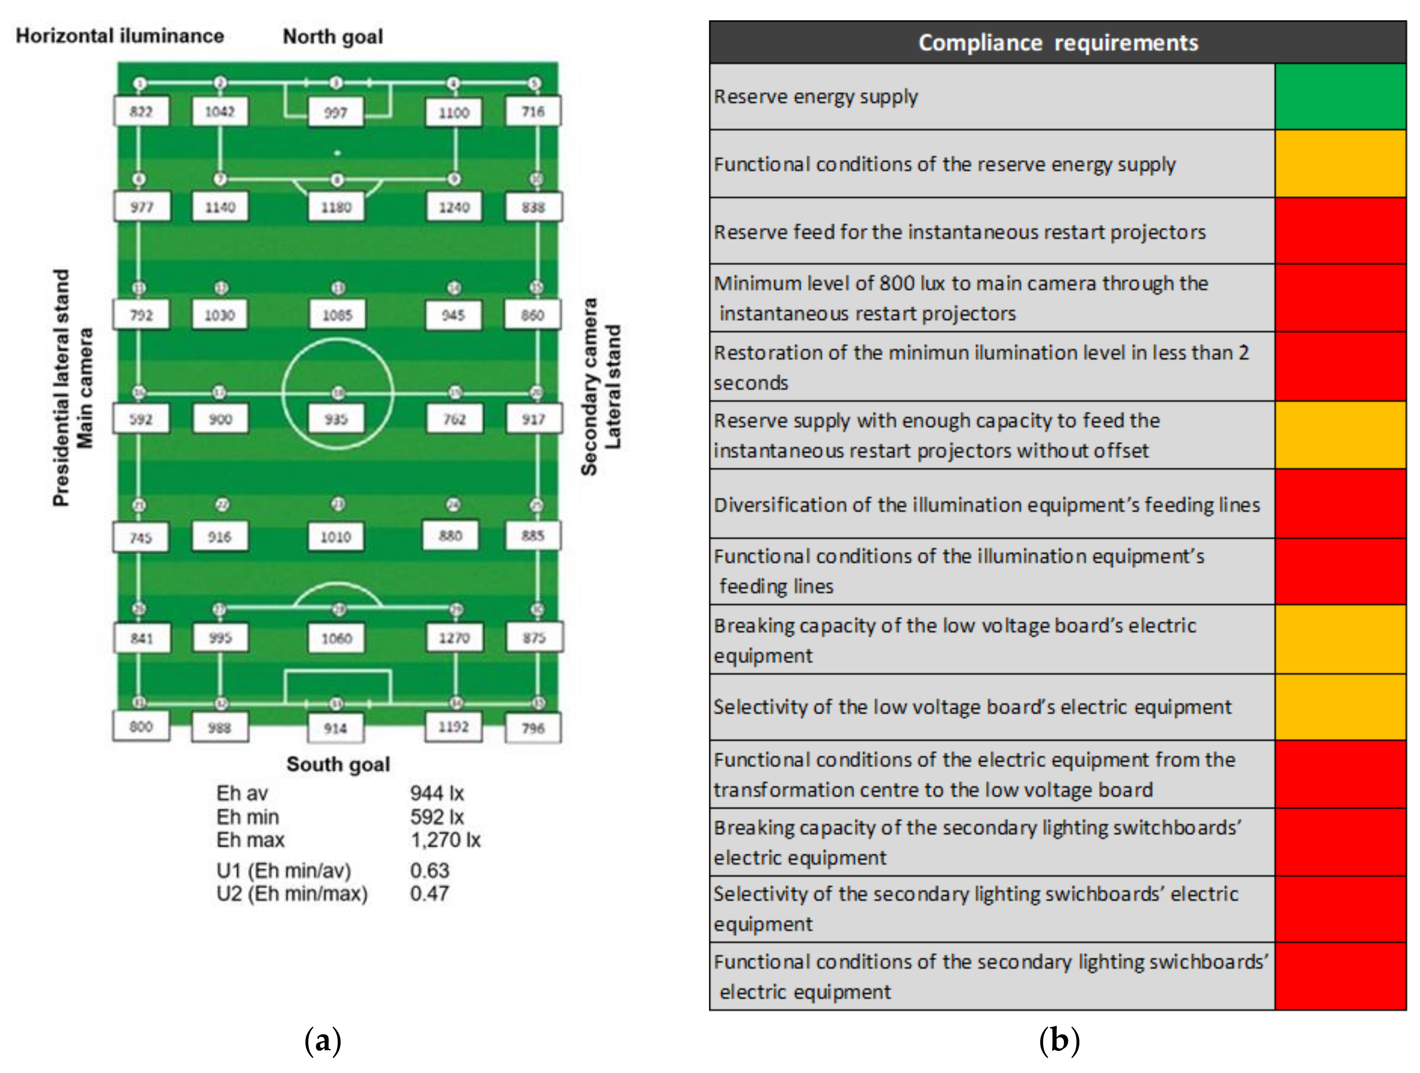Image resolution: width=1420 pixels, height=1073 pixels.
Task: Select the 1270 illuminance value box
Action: pyautogui.click(x=454, y=638)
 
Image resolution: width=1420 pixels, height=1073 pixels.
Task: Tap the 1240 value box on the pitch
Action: pyautogui.click(x=454, y=207)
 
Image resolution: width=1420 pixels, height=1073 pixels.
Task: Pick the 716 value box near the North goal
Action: pyautogui.click(x=533, y=112)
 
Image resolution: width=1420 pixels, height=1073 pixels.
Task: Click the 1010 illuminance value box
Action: pyautogui.click(x=336, y=537)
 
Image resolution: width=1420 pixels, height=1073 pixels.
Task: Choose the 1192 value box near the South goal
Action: pyautogui.click(x=453, y=727)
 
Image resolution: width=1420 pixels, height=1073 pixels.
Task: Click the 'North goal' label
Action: pyautogui.click(x=333, y=37)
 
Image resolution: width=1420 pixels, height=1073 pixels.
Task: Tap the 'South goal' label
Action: pyautogui.click(x=338, y=764)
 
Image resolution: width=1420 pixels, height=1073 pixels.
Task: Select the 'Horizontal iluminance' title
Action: pyautogui.click(x=120, y=36)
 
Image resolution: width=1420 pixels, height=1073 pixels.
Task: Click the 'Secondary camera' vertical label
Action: pyautogui.click(x=589, y=387)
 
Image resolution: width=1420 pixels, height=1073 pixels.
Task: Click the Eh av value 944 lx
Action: pyautogui.click(x=437, y=793)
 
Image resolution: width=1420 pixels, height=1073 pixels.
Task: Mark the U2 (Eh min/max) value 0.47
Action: pyautogui.click(x=429, y=893)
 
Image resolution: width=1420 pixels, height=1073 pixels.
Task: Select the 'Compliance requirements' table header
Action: pyautogui.click(x=1057, y=42)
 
